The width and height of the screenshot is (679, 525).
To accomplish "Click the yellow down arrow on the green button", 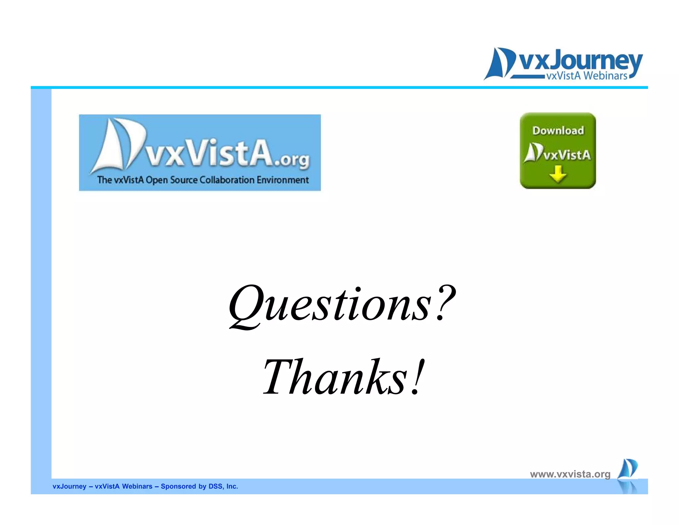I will [x=558, y=174].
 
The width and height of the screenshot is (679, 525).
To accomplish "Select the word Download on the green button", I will [x=558, y=130].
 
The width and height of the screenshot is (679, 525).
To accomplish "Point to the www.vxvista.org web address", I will [x=570, y=474].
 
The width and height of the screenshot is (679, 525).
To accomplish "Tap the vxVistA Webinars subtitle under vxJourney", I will [x=586, y=76].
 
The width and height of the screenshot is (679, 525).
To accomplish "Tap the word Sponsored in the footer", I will [x=178, y=486].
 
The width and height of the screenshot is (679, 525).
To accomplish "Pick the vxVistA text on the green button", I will [x=567, y=155].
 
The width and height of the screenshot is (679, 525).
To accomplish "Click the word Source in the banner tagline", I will [x=184, y=180].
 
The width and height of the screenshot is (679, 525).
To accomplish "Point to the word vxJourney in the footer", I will [x=69, y=486].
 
